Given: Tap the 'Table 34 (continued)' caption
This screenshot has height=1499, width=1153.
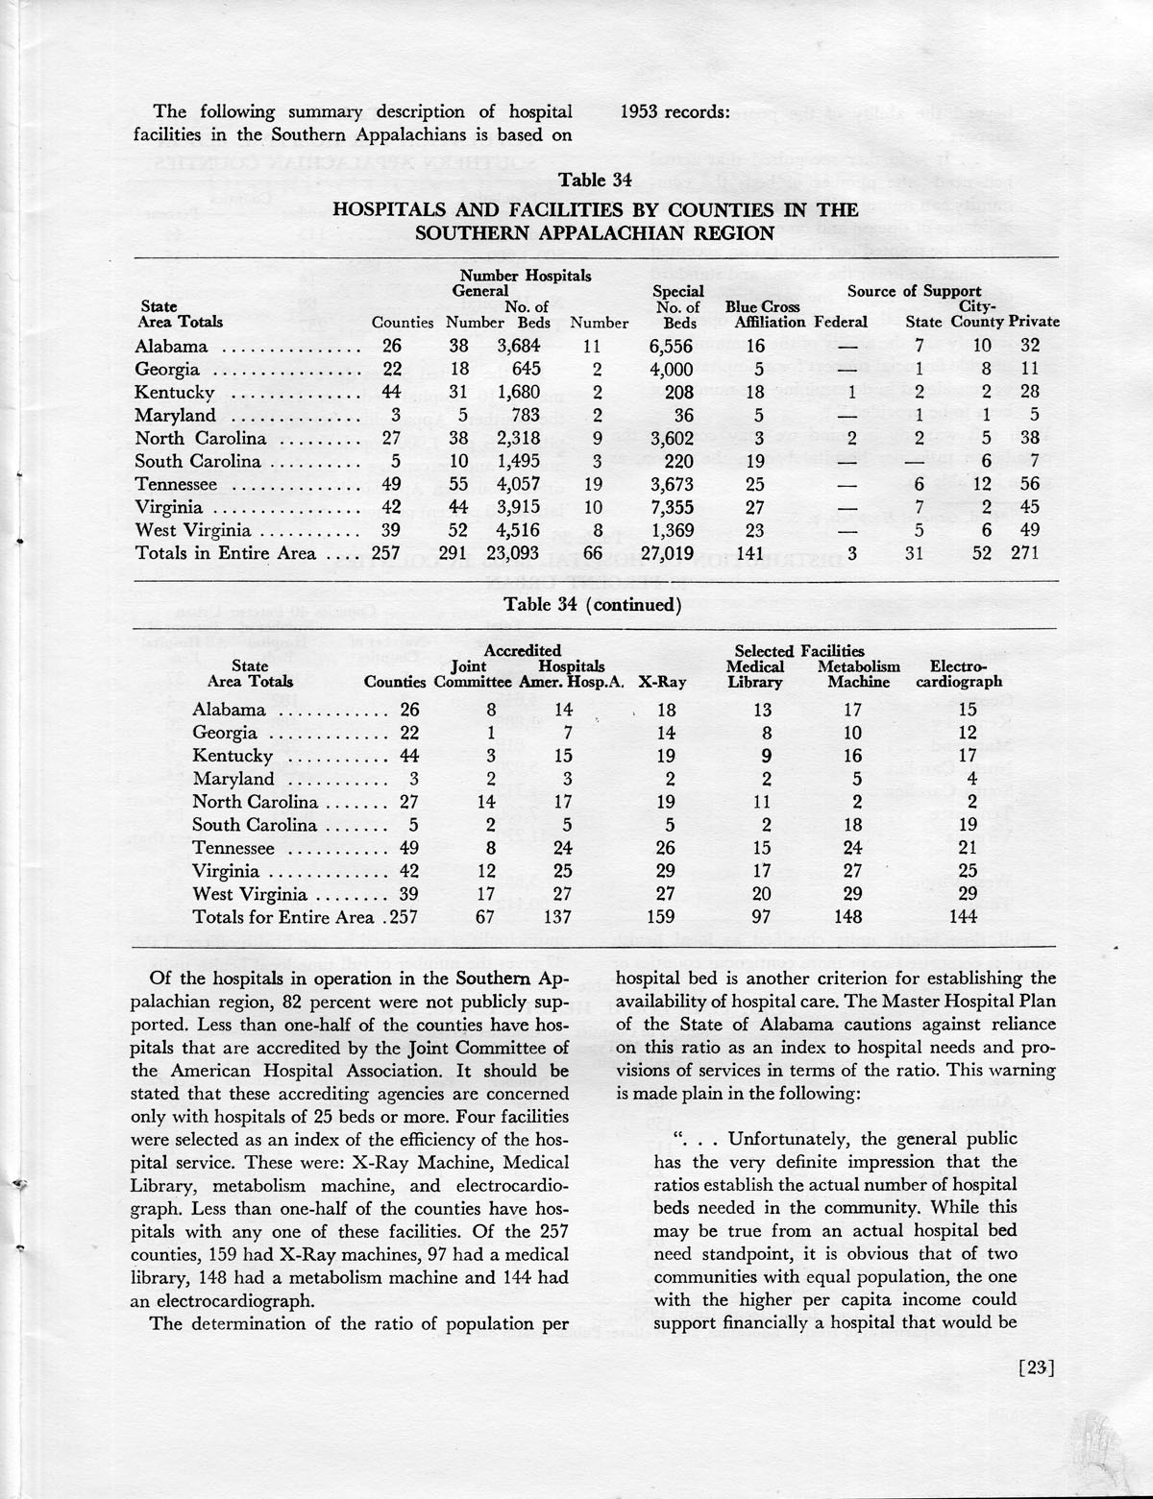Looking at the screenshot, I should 593,605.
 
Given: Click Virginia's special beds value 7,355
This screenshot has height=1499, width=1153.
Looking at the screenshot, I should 670,507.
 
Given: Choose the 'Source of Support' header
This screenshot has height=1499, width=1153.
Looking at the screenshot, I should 913,291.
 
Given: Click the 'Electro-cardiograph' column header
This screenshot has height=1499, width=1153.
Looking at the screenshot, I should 959,674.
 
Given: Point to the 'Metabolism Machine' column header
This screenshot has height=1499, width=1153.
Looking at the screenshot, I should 858,674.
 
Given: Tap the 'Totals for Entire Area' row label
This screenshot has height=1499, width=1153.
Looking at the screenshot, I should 285,917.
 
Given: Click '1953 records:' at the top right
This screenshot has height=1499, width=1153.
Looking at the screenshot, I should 676,112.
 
